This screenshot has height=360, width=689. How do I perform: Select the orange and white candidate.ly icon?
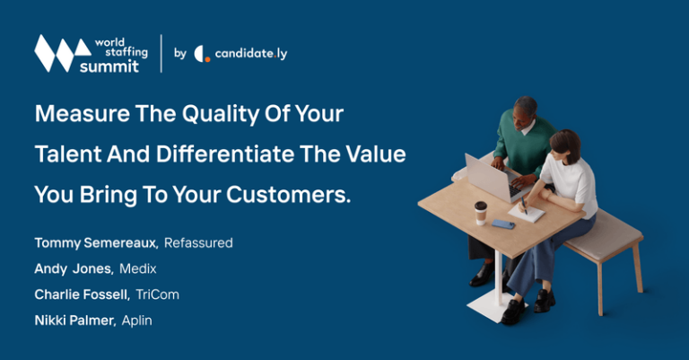(x=202, y=54)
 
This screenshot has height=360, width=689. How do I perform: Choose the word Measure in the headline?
(x=74, y=115)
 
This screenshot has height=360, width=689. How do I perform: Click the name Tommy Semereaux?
(x=96, y=243)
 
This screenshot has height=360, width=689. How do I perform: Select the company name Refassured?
(x=198, y=243)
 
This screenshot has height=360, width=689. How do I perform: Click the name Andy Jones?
(x=72, y=269)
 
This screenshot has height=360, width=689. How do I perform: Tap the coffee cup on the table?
(x=481, y=213)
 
